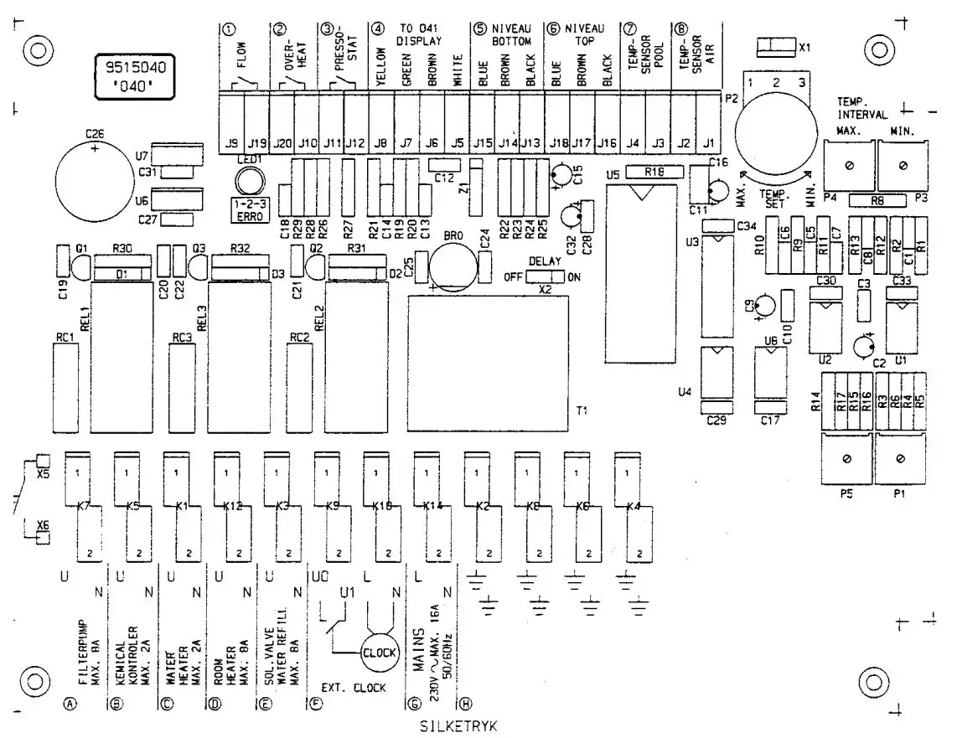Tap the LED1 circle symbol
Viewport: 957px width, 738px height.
249,180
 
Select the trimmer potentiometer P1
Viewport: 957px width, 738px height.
901,458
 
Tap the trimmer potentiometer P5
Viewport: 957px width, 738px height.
846,458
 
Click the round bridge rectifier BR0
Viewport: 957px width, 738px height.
452,268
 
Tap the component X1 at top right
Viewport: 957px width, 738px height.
776,46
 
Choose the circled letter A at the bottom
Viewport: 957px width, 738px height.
70,704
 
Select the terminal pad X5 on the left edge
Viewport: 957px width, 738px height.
44,461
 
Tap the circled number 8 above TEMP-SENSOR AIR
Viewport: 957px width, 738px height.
680,29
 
